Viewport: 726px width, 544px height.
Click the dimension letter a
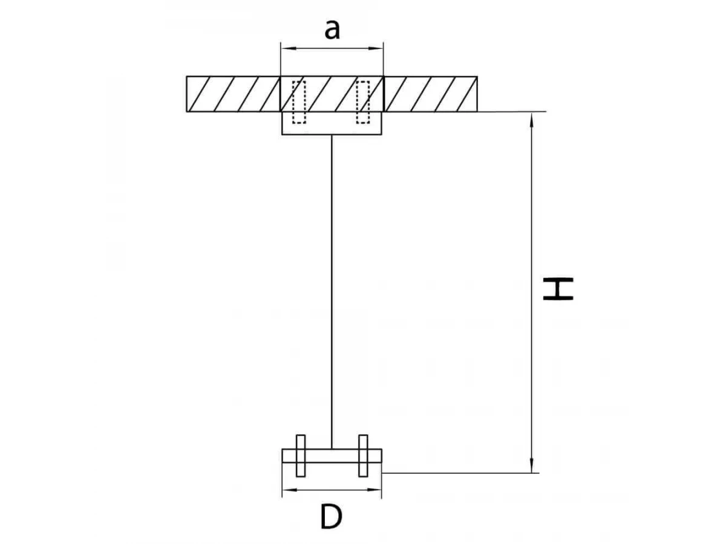(x=332, y=30)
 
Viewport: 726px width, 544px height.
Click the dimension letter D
(x=331, y=517)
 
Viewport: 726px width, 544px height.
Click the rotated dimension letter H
(x=558, y=289)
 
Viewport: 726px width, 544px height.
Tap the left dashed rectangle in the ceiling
(x=299, y=102)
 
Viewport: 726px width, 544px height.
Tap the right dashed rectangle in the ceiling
(x=363, y=102)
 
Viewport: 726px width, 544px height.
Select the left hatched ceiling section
(x=233, y=94)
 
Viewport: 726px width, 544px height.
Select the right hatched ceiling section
(x=430, y=94)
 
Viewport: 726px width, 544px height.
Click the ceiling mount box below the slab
(x=332, y=123)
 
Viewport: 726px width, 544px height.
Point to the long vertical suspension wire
(x=332, y=292)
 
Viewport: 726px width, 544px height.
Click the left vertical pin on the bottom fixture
(x=301, y=456)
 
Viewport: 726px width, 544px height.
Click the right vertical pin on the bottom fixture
(x=363, y=456)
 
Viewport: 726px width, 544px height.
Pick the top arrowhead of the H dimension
(x=532, y=120)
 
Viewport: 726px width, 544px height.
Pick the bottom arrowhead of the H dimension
(x=532, y=465)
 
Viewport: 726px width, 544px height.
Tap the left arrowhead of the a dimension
(x=288, y=48)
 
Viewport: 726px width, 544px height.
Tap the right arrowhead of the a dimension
(x=376, y=48)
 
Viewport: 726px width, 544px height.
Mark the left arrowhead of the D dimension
(x=289, y=490)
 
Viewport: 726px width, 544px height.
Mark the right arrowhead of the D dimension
(x=374, y=490)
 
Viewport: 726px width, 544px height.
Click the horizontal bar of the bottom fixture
(x=332, y=456)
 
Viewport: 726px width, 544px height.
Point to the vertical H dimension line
(x=532, y=293)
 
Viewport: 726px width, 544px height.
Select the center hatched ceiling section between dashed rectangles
(x=331, y=94)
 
